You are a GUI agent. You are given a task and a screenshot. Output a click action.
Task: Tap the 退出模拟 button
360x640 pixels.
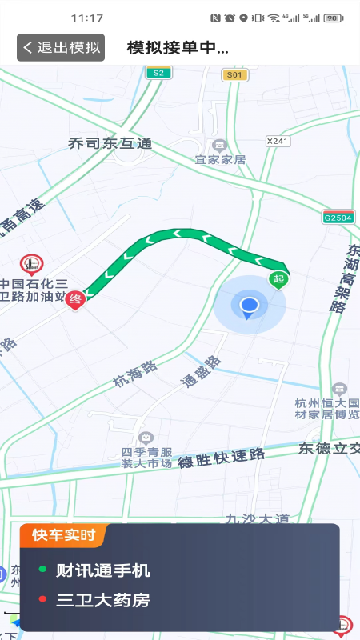61,47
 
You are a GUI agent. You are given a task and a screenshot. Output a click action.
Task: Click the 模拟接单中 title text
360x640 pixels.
178,47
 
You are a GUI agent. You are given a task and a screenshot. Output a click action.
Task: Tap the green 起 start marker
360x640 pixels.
278,278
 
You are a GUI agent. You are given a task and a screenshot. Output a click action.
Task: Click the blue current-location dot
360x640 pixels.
250,305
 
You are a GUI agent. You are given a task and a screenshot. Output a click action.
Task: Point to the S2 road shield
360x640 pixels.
158,73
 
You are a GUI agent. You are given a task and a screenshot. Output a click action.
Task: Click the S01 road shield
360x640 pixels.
233,74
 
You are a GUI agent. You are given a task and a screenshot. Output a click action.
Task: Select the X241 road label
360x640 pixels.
277,141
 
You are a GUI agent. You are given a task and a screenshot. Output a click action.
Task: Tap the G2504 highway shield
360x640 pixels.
338,217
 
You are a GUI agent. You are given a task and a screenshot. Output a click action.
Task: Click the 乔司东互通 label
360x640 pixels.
110,144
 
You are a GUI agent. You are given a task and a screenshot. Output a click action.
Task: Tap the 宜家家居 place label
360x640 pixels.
220,159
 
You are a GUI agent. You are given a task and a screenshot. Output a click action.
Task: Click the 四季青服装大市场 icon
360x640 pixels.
146,438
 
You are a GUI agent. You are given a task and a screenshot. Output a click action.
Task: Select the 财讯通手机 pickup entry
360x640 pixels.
102,570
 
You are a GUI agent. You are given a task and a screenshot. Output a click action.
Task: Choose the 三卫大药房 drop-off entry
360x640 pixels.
102,600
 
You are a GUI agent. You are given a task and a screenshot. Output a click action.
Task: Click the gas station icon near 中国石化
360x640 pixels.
32,262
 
